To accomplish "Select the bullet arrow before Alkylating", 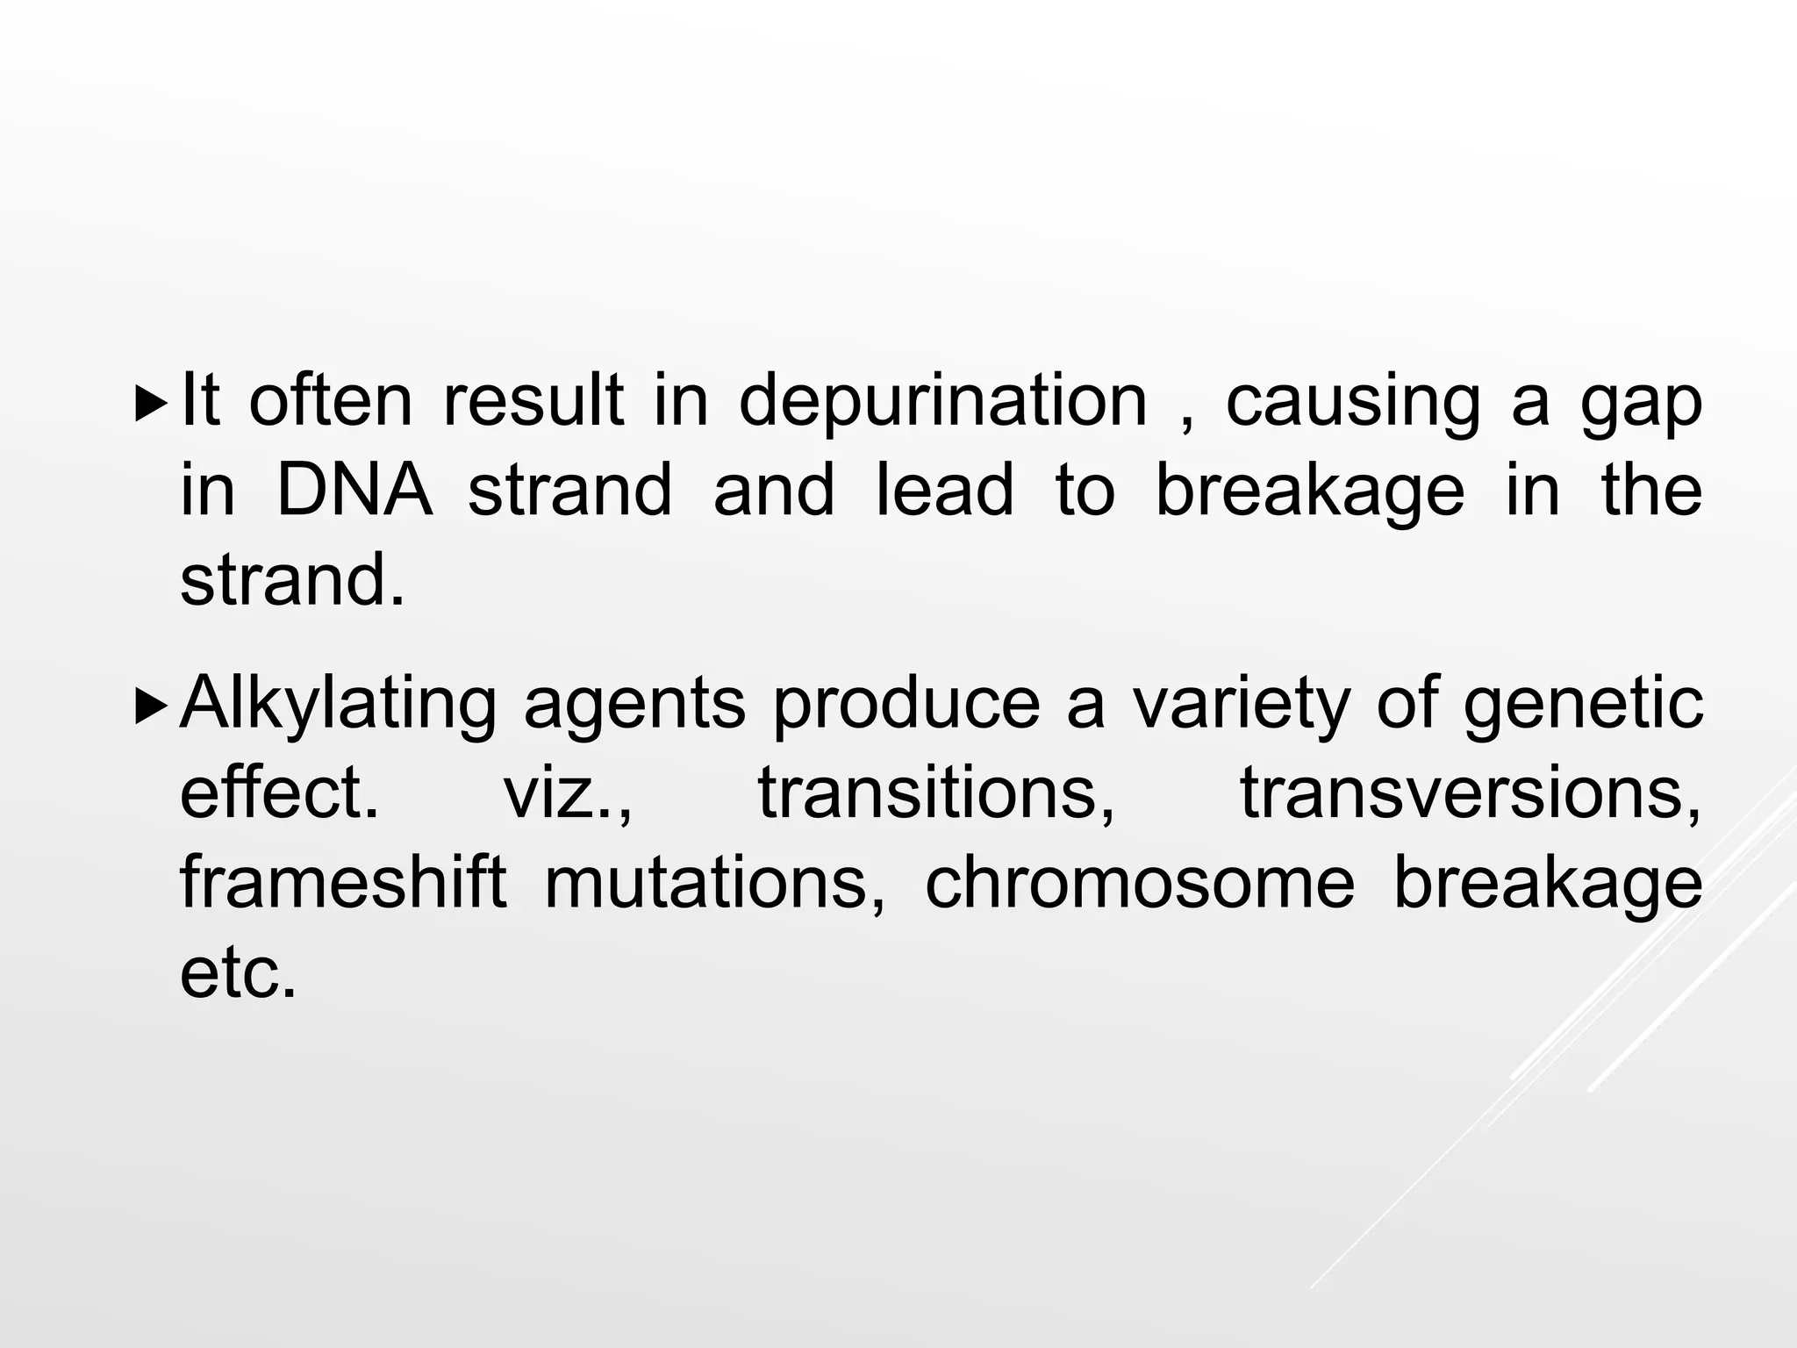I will tap(152, 705).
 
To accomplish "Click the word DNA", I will tap(354, 490).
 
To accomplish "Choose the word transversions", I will tap(1470, 792).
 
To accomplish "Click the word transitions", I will tap(936, 792).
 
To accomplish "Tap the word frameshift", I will tap(343, 883).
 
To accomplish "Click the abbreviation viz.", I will tap(566, 792).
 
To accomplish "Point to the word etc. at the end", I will tap(238, 973).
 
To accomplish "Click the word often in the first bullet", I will tap(330, 402).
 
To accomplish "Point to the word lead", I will tap(944, 490).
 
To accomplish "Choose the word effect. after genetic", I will tap(279, 792).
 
